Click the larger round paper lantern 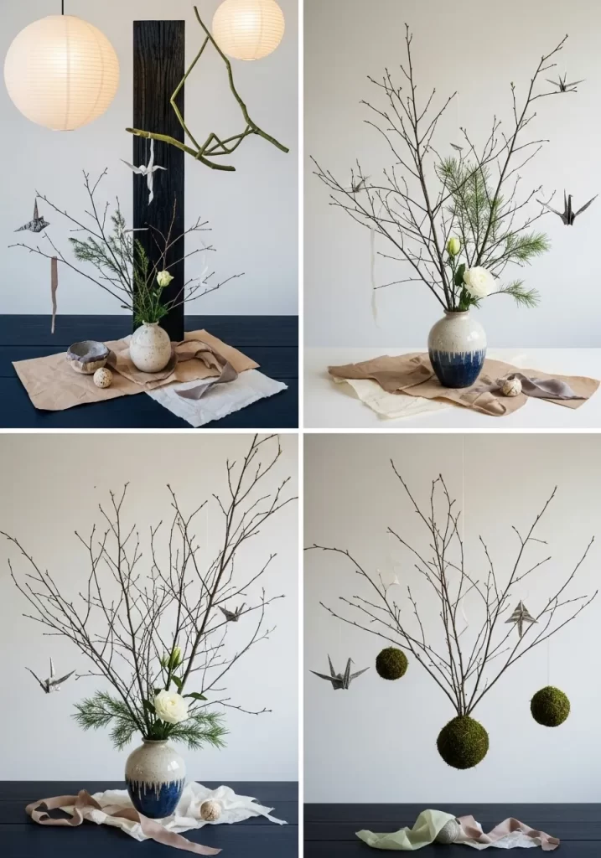tap(61, 73)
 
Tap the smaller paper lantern tap(248, 28)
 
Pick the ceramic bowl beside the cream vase tap(88, 355)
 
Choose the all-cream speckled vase tap(150, 347)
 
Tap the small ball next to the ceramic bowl tap(102, 378)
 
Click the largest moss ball tap(462, 741)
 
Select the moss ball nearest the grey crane tap(391, 664)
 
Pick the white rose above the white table tap(479, 282)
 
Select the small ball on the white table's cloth tap(510, 386)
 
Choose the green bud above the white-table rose tap(453, 246)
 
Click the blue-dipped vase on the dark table tap(155, 778)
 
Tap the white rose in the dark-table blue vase tap(170, 706)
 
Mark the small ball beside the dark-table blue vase tap(210, 809)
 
